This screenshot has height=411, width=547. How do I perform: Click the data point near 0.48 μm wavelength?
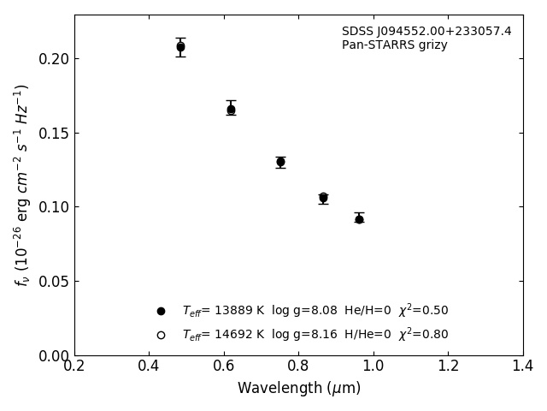180,47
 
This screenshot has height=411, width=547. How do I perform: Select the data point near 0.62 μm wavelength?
231,110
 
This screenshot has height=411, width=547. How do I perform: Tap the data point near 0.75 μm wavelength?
280,162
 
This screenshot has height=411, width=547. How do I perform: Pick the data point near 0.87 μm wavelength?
323,198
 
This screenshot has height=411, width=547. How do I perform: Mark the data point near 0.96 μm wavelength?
359,219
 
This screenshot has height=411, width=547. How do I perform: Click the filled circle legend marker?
161,311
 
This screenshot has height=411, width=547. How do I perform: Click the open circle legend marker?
161,335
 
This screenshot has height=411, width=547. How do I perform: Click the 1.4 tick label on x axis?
523,366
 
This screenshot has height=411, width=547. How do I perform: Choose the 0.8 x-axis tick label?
298,366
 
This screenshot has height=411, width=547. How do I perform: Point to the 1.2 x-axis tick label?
448,366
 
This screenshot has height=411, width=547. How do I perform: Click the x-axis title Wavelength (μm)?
298,389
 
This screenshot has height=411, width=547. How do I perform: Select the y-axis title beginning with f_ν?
22,185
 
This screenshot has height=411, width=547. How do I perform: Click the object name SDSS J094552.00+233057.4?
426,32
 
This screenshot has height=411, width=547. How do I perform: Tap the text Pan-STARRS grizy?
394,45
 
